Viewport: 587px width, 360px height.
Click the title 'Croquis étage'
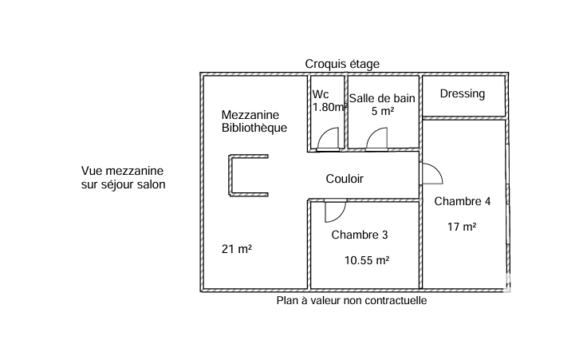click(x=342, y=64)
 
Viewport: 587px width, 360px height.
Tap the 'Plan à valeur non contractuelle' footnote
click(x=352, y=301)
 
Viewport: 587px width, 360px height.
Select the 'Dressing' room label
click(x=463, y=93)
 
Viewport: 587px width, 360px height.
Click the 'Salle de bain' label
click(x=382, y=97)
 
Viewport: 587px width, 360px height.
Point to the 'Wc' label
click(x=321, y=94)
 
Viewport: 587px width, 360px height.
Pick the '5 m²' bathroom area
click(x=383, y=111)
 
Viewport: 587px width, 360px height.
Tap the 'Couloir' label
click(x=345, y=179)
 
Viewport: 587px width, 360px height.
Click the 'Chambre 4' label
click(x=462, y=201)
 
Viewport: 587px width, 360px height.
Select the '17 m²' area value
click(x=462, y=227)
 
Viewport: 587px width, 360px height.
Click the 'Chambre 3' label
click(x=360, y=235)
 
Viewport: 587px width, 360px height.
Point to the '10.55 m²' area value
click(x=367, y=259)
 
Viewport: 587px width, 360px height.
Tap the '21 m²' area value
click(x=237, y=249)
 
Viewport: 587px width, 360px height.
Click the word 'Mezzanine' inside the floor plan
click(x=250, y=115)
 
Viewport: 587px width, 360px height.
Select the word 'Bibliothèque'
click(x=254, y=128)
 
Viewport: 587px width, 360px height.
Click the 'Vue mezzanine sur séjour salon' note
click(x=124, y=177)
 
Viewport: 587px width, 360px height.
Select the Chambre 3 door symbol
click(x=333, y=210)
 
